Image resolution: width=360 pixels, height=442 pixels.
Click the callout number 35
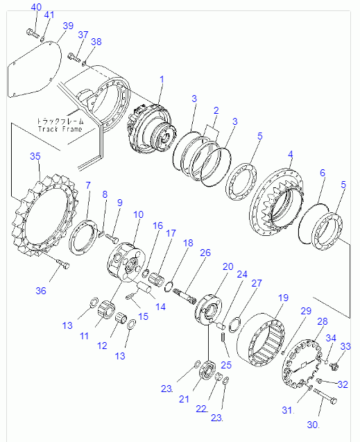tap(35, 157)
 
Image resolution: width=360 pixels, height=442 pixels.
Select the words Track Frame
tap(60, 129)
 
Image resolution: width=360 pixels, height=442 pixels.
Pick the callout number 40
tap(35, 8)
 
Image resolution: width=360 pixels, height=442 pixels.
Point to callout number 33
tap(345, 346)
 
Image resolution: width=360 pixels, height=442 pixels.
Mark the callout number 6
tap(322, 173)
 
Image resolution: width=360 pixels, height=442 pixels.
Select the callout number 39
tap(67, 26)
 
